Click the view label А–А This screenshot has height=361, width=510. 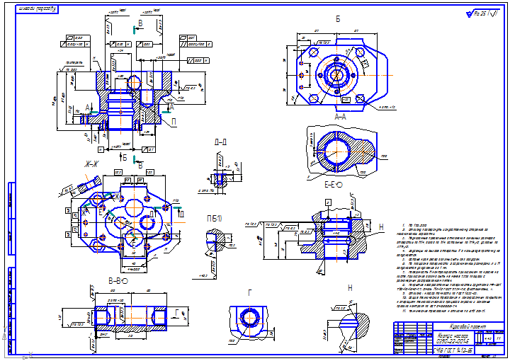(x=340, y=116)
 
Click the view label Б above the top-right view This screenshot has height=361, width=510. (x=338, y=19)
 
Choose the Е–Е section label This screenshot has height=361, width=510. (x=333, y=185)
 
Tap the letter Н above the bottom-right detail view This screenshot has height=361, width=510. (x=350, y=288)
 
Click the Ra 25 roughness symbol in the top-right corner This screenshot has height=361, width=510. (x=482, y=13)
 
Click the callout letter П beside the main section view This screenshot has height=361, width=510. (x=174, y=122)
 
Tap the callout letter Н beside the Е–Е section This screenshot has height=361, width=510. (x=380, y=227)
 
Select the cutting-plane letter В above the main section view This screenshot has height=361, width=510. (x=140, y=24)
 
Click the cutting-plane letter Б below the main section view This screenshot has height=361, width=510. (x=125, y=156)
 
